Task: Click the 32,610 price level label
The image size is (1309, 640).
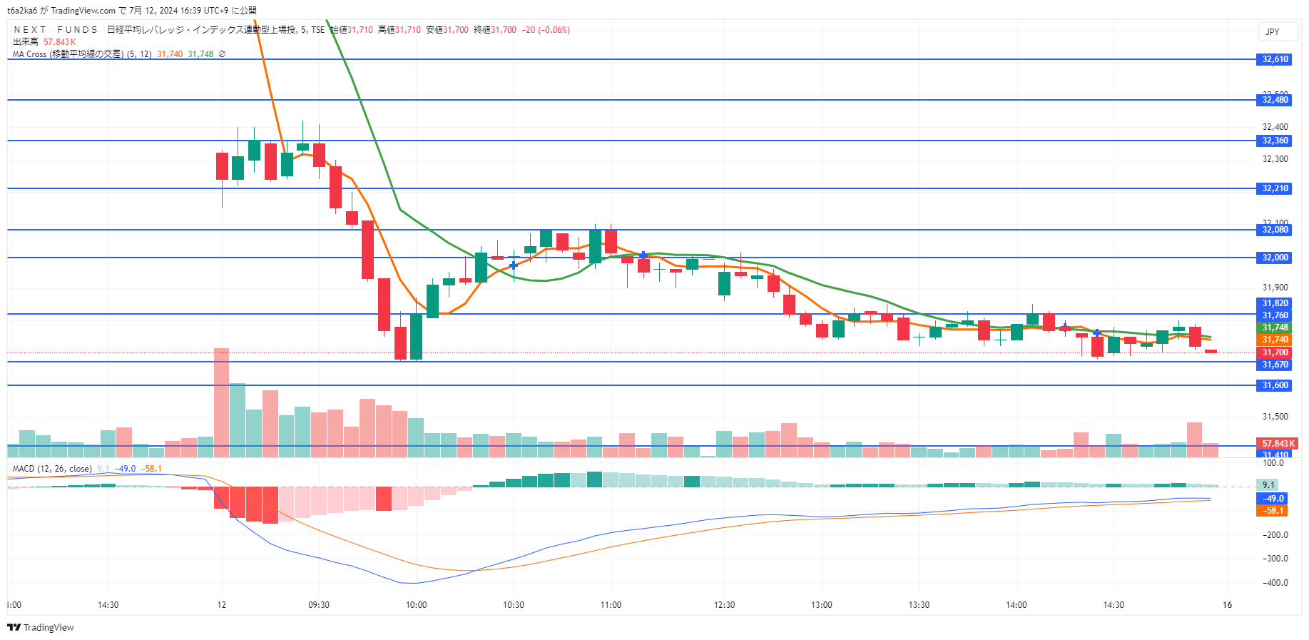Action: [x=1275, y=59]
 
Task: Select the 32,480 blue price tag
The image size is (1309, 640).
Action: [x=1275, y=100]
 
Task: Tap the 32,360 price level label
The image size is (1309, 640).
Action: [x=1275, y=141]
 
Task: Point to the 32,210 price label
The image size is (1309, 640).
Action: [x=1275, y=188]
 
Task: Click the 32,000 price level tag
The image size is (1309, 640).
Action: [x=1275, y=258]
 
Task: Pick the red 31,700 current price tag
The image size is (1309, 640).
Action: [x=1275, y=352]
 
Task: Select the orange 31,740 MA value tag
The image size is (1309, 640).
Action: [x=1275, y=340]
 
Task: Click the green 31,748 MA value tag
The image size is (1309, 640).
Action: [x=1275, y=327]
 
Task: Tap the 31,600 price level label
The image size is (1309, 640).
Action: [x=1275, y=385]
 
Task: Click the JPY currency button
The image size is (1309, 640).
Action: [x=1273, y=31]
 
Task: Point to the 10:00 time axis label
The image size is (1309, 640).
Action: [x=417, y=605]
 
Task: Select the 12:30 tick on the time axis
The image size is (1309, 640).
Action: [x=724, y=605]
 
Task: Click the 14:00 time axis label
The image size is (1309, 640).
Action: [x=1017, y=605]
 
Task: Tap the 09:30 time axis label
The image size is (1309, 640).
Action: [x=319, y=605]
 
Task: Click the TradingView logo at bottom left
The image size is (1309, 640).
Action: [x=41, y=627]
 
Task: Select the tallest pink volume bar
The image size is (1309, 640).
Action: [x=222, y=402]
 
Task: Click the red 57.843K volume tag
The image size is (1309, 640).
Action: [x=1277, y=444]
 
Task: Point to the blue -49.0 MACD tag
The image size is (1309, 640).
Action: [x=1273, y=499]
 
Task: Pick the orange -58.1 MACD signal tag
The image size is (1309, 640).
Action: [x=1273, y=511]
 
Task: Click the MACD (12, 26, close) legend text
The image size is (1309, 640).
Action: [x=52, y=469]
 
